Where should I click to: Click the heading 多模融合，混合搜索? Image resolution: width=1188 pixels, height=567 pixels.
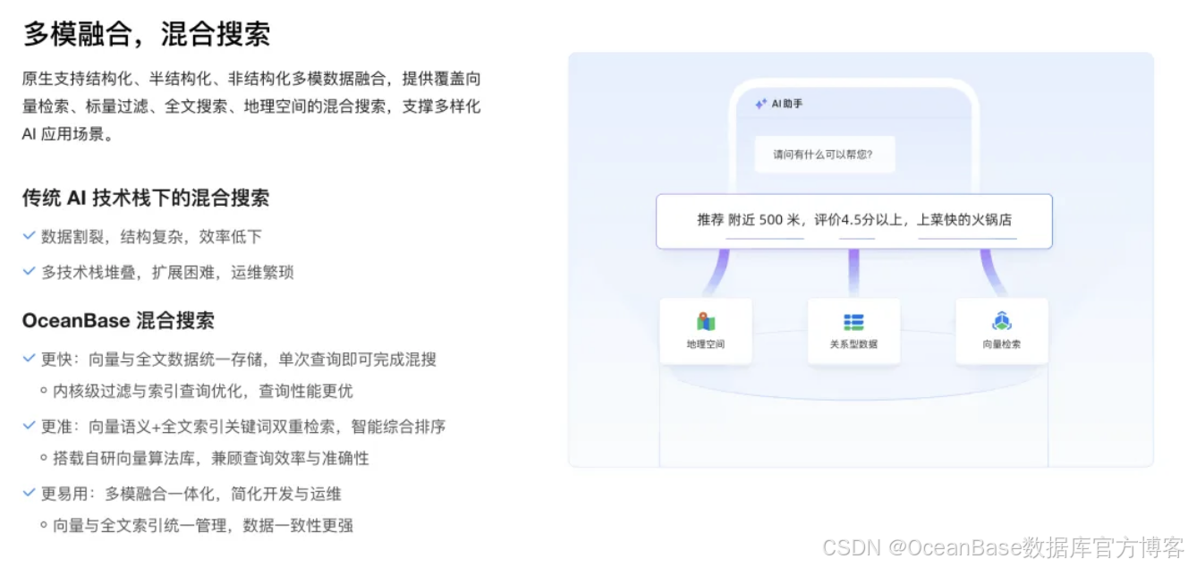146,34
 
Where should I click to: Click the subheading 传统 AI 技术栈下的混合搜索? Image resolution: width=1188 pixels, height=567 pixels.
146,198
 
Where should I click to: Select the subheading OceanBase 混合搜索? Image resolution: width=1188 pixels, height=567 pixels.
118,320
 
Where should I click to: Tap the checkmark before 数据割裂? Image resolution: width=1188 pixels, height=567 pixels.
30,236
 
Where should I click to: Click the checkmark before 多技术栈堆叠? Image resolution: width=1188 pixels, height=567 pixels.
30,271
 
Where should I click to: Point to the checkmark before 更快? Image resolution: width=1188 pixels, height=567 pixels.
30,359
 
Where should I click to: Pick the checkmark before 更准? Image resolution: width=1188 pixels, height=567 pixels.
30,426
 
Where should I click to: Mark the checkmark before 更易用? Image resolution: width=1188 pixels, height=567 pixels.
30,493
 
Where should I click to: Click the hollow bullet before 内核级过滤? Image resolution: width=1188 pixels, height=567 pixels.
44,391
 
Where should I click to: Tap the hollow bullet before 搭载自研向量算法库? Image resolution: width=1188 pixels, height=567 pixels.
44,458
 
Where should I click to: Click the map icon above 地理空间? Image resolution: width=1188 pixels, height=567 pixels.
706,322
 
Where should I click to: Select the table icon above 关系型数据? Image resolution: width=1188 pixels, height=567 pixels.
853,322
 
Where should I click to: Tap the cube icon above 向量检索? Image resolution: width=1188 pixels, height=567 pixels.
1001,322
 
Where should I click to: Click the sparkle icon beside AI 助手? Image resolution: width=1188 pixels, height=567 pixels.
760,104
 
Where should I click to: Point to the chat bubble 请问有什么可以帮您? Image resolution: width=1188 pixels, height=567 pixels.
824,154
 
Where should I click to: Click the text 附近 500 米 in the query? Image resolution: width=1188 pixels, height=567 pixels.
766,220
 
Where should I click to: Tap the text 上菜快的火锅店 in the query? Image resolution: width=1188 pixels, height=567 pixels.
965,220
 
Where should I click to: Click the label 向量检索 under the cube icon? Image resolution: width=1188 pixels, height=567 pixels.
1001,344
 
